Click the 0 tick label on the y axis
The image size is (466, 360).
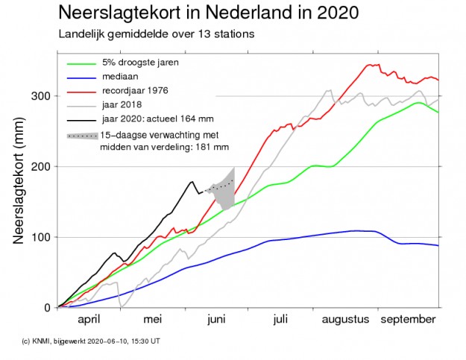click(48, 307)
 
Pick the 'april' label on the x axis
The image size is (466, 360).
click(89, 320)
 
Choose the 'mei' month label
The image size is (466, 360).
click(152, 320)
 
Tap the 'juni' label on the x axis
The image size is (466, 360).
click(216, 320)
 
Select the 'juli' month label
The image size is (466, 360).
click(280, 320)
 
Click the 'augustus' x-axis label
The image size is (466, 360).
click(345, 320)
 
